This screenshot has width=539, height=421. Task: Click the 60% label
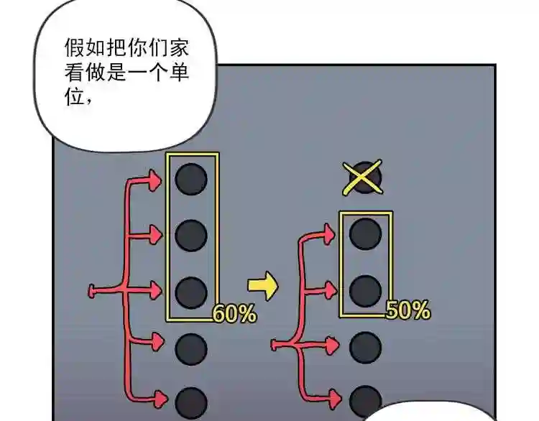[235, 313]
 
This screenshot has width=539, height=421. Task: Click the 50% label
[407, 310]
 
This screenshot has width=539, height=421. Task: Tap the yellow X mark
[363, 177]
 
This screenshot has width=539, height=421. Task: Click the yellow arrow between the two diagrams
[262, 285]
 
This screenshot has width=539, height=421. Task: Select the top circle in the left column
[191, 179]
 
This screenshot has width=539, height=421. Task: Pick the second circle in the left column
[191, 236]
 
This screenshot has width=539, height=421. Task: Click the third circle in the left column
[191, 293]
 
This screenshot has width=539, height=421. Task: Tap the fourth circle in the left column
[191, 349]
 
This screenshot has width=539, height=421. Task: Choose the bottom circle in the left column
[191, 404]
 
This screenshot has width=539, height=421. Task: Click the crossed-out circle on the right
[365, 177]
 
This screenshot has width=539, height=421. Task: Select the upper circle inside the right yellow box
[365, 233]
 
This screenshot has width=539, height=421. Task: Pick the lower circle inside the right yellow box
[365, 291]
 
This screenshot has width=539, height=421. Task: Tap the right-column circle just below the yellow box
[365, 348]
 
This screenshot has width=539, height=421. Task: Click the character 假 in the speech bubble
[75, 47]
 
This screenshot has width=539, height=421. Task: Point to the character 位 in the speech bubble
[75, 96]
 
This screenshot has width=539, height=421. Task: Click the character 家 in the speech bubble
[179, 47]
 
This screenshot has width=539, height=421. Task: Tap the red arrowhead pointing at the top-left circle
[155, 180]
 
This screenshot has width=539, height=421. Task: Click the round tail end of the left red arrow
[91, 292]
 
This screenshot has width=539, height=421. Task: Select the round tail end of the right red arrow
[274, 345]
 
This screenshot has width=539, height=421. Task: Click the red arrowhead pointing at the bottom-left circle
[161, 399]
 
